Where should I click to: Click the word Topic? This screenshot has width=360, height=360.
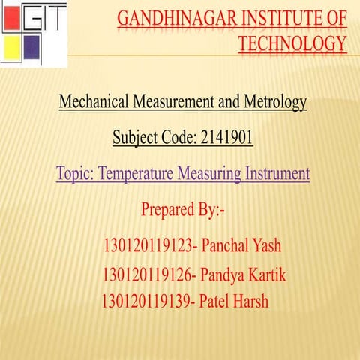click(x=73, y=175)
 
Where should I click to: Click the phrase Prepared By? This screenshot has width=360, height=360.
click(x=183, y=210)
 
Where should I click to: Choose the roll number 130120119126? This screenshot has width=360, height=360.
click(x=148, y=276)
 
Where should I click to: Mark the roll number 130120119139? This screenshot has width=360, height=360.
click(x=145, y=301)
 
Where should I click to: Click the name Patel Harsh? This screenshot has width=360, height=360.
click(x=234, y=301)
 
